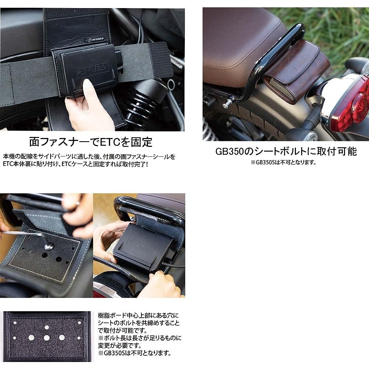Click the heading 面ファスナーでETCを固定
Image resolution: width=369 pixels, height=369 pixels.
click(91, 142)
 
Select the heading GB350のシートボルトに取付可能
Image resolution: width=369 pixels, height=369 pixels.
click(286, 151)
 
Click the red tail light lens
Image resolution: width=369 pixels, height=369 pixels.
click(351, 105)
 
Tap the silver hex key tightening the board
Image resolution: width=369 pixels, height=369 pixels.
click(26, 235)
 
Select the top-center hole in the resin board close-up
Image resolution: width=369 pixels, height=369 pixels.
click(47, 327)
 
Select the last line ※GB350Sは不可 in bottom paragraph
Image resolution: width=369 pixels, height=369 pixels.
click(134, 353)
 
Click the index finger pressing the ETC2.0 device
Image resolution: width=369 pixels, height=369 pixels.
click(87, 86)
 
